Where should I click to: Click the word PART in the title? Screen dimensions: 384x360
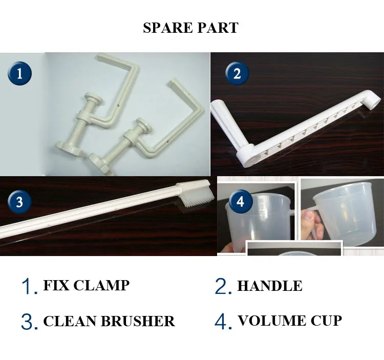pos(218,28)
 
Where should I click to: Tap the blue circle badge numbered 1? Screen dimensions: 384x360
pos(19,73)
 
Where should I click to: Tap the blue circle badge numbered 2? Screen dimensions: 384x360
pos(237,73)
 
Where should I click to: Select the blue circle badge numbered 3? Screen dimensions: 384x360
pos(19,202)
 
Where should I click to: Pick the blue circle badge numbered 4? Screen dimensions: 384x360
pos(240,201)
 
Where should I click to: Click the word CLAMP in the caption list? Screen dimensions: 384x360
pos(101,285)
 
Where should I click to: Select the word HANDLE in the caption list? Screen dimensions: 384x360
pos(270,286)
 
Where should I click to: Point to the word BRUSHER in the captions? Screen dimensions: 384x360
pos(138,321)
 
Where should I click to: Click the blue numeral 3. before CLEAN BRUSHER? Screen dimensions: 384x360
pos(30,321)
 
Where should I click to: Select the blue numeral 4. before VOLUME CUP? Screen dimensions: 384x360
pos(223,321)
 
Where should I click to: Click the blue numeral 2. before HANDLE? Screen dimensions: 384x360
pos(223,286)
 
